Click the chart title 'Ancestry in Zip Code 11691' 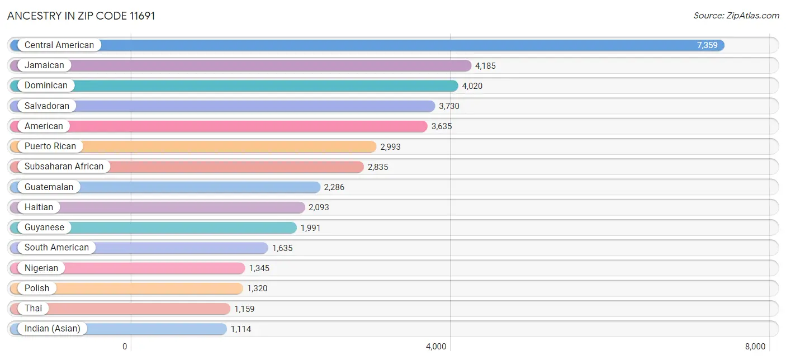(81, 16)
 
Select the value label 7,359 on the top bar (707, 45)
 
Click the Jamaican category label (44, 65)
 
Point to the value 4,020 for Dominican (472, 86)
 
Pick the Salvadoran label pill (47, 106)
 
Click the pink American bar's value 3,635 (441, 126)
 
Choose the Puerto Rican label (50, 146)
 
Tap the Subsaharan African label (64, 167)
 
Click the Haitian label (39, 207)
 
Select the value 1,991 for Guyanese (311, 228)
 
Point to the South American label (56, 248)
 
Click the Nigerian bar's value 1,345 (259, 268)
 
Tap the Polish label (37, 288)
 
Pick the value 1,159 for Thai (244, 309)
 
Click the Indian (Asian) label (53, 329)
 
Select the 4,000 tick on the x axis (436, 347)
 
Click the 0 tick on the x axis (125, 347)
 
